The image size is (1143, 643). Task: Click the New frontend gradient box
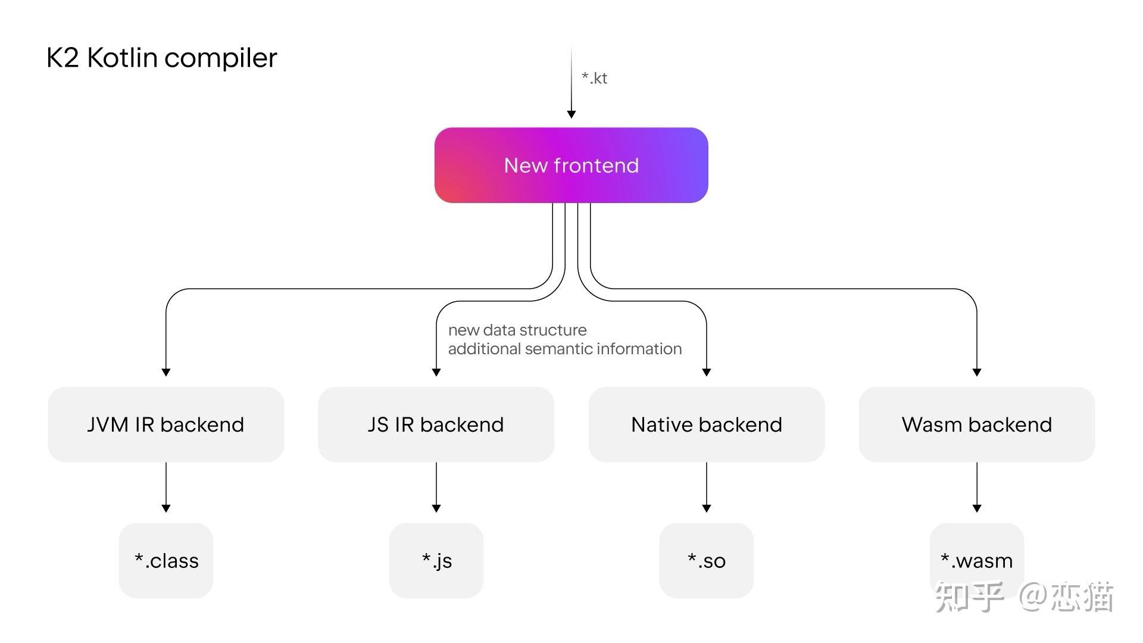pos(571,165)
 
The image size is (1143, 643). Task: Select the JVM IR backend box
pos(165,424)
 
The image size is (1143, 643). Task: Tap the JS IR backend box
pos(436,424)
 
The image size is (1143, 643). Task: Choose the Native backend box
pos(706,424)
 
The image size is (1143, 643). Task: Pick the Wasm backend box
pos(976,424)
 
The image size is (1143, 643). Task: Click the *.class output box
pos(166,560)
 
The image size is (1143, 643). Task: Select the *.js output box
pos(436,560)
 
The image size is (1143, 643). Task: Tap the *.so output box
pos(706,560)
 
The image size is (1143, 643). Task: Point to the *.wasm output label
pos(976,560)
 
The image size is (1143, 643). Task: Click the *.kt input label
pos(594,78)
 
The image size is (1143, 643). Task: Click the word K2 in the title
pos(63,58)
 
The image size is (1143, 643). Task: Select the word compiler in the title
pos(220,58)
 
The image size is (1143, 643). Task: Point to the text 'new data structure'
pos(517,330)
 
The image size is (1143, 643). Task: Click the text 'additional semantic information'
pos(564,349)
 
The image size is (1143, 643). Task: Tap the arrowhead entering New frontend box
pos(571,114)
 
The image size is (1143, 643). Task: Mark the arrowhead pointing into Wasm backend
pos(976,372)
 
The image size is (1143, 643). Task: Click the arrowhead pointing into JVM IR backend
pos(166,372)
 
